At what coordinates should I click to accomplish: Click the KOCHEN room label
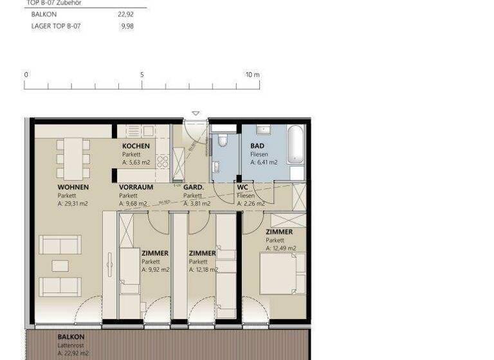pyautogui.click(x=136, y=146)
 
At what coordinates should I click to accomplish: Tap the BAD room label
pyautogui.click(x=257, y=146)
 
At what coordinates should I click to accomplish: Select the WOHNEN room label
pyautogui.click(x=73, y=187)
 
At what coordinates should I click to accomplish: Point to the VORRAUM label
pyautogui.click(x=136, y=187)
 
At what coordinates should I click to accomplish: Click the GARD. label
pyautogui.click(x=194, y=187)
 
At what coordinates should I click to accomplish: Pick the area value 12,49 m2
pyautogui.click(x=281, y=248)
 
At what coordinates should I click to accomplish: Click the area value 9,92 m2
pyautogui.click(x=155, y=270)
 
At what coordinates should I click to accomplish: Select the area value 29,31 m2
pyautogui.click(x=72, y=204)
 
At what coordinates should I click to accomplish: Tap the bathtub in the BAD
pyautogui.click(x=296, y=146)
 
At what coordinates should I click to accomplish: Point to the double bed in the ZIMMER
pyautogui.click(x=282, y=274)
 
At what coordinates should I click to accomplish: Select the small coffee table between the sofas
pyautogui.click(x=60, y=265)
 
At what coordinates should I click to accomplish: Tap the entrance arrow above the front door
pyautogui.click(x=196, y=114)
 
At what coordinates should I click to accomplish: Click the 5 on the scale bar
pyautogui.click(x=142, y=75)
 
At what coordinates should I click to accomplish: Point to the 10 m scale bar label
pyautogui.click(x=252, y=75)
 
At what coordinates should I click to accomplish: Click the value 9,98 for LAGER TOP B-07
pyautogui.click(x=127, y=26)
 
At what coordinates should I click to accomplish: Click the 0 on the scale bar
pyautogui.click(x=26, y=75)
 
